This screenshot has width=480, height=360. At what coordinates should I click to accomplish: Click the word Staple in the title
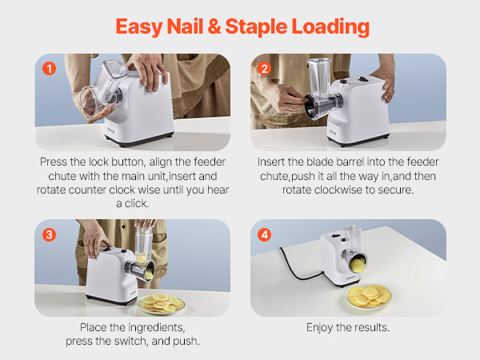click(x=256, y=27)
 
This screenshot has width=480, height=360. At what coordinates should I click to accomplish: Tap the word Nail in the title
click(x=185, y=26)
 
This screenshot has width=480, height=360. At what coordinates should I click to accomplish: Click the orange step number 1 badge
click(x=50, y=68)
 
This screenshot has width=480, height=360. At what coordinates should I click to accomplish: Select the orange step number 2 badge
click(x=265, y=68)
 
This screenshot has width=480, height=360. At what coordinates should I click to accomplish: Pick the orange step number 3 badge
click(x=49, y=234)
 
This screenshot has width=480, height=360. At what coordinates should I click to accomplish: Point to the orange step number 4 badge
click(x=265, y=234)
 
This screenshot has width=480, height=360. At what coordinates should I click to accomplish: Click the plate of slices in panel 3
click(x=161, y=303)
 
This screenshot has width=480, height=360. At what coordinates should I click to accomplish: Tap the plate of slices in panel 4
click(x=369, y=296)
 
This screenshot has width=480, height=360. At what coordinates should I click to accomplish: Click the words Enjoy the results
click(x=348, y=327)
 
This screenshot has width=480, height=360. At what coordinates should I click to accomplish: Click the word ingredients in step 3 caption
click(x=157, y=327)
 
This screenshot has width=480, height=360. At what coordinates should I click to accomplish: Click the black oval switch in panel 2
click(x=363, y=79)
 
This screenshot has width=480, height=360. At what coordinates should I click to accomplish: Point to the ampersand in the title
click(x=214, y=26)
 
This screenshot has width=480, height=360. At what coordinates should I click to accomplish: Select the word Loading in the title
click(x=330, y=27)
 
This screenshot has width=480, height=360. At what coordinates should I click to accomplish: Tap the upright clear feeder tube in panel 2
click(x=319, y=77)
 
